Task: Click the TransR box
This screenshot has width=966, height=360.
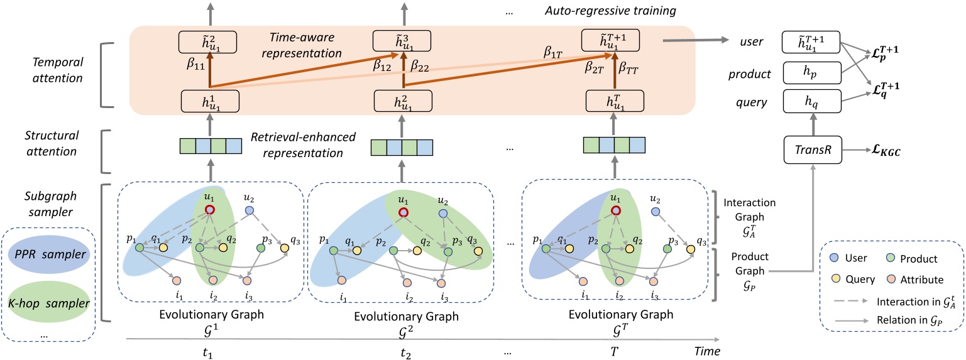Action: [811, 151]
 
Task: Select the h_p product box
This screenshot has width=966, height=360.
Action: [811, 73]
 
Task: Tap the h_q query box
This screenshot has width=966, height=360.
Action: [811, 102]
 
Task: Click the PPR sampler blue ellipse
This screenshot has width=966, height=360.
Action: [48, 256]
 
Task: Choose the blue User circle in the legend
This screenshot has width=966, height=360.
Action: [837, 258]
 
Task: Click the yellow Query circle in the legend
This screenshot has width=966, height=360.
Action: [837, 279]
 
